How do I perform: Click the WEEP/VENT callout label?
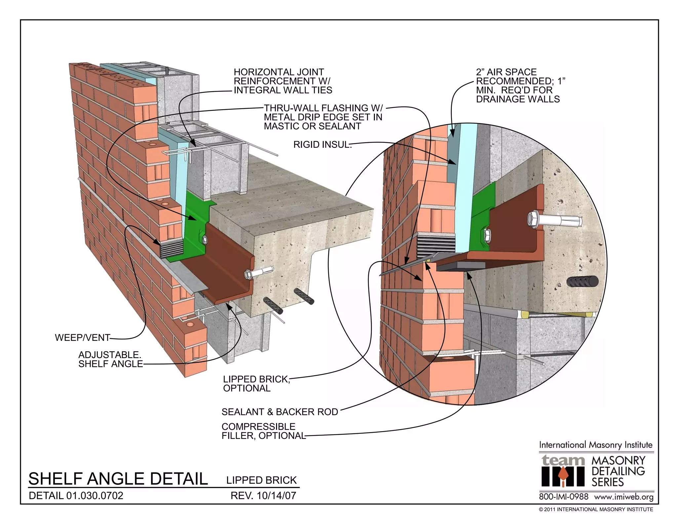[x=82, y=338]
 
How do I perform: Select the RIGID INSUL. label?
[x=322, y=144]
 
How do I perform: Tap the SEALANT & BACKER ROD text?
[x=280, y=412]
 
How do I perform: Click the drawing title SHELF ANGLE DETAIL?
[x=118, y=478]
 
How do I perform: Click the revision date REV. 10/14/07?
[x=263, y=496]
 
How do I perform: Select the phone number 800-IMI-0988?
[x=564, y=497]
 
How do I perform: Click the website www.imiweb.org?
[x=623, y=497]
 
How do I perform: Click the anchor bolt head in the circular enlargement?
[x=533, y=218]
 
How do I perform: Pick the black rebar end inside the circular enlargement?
[x=582, y=282]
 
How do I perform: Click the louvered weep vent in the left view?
[x=171, y=249]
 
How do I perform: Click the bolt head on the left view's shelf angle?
[x=248, y=274]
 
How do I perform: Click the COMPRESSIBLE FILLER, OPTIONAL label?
[x=263, y=431]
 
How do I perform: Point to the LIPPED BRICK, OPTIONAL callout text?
[x=256, y=383]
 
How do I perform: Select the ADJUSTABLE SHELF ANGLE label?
[x=110, y=359]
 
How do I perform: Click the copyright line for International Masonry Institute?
[x=596, y=509]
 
